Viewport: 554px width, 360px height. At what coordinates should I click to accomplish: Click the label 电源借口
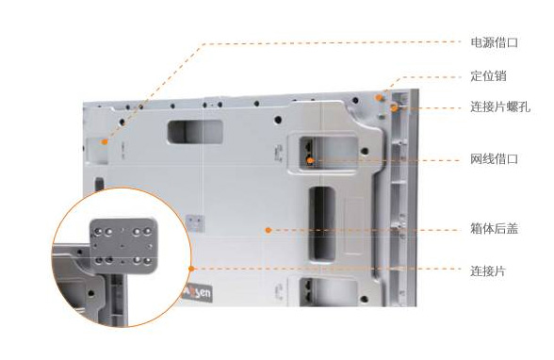coord(494,42)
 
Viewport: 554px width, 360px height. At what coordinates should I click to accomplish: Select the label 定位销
coord(488,75)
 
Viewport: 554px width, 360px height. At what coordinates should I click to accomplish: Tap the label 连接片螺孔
coord(500,106)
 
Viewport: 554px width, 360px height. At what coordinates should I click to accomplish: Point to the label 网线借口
coord(494,159)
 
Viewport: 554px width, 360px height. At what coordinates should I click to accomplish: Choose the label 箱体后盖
coord(494,229)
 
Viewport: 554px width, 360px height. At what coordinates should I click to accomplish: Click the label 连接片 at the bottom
coord(488,271)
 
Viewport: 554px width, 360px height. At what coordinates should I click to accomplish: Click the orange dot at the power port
coord(105,142)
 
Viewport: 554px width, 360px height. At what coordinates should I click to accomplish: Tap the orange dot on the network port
coord(310,160)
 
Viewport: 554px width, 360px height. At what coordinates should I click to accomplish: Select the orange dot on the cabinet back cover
coord(269,230)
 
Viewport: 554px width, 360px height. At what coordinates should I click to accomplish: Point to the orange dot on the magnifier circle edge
coord(191,269)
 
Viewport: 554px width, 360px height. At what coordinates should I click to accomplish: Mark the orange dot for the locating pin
coord(379,97)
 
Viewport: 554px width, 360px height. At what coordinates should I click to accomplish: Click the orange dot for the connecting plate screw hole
coord(394,108)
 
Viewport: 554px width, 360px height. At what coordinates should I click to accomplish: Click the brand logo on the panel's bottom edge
coord(197,292)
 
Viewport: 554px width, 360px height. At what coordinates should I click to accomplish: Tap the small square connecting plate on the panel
coord(195,223)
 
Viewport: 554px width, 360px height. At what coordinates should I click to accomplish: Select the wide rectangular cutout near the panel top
coord(195,132)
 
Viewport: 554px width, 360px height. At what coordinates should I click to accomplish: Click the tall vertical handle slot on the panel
coord(322,224)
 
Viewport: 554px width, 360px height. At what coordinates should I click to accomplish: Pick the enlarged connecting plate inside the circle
coord(122,246)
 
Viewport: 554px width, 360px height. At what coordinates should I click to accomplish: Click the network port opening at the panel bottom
coord(327,292)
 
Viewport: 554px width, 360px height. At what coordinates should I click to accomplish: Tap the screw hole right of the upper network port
coord(365,152)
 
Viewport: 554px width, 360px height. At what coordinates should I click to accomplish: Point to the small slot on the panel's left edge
coord(99,184)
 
